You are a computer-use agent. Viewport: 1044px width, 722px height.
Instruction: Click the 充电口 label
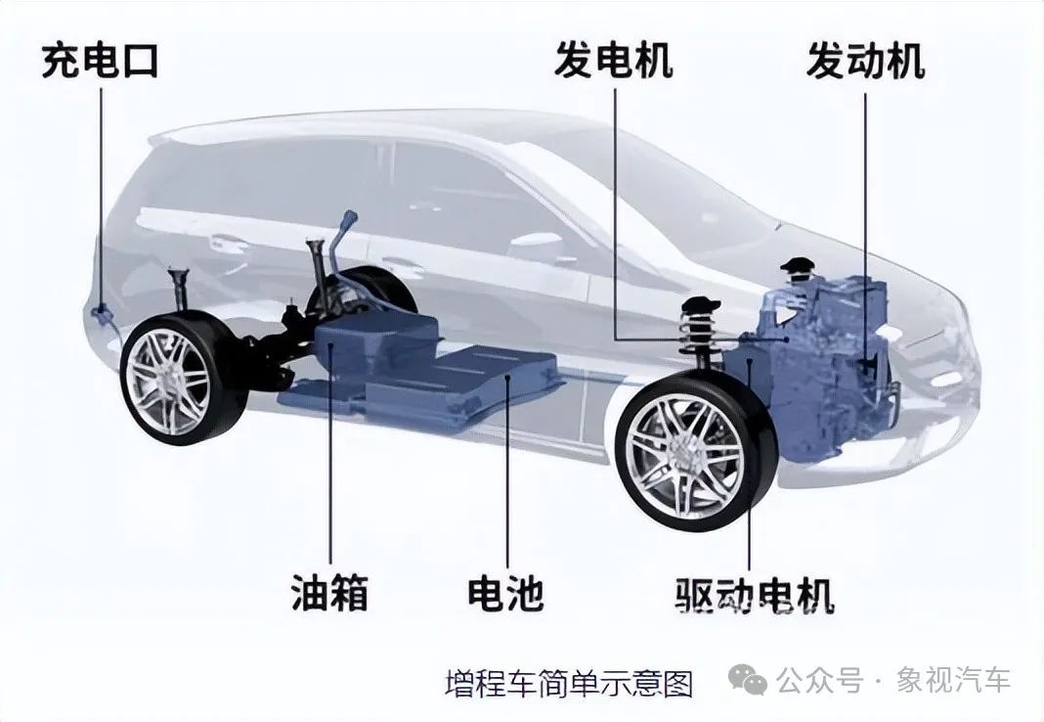100,62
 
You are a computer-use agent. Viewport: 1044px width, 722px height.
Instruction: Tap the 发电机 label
613,61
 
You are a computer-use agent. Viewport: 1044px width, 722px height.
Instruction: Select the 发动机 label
865,61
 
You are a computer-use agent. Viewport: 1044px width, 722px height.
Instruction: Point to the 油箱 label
329,592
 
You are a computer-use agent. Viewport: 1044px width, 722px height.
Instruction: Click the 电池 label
506,592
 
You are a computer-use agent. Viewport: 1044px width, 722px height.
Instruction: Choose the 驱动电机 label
755,595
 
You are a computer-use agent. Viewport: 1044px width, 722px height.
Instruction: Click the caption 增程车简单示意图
569,683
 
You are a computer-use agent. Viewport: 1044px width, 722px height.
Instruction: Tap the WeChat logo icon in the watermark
749,679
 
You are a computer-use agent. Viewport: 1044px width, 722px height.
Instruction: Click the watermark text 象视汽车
953,680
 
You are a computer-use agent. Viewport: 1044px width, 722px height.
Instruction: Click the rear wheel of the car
174,382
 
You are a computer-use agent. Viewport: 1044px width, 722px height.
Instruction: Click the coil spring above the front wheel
699,331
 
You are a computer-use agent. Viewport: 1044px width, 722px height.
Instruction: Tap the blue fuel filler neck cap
348,217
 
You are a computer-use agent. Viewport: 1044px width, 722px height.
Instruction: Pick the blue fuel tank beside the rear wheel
376,346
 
